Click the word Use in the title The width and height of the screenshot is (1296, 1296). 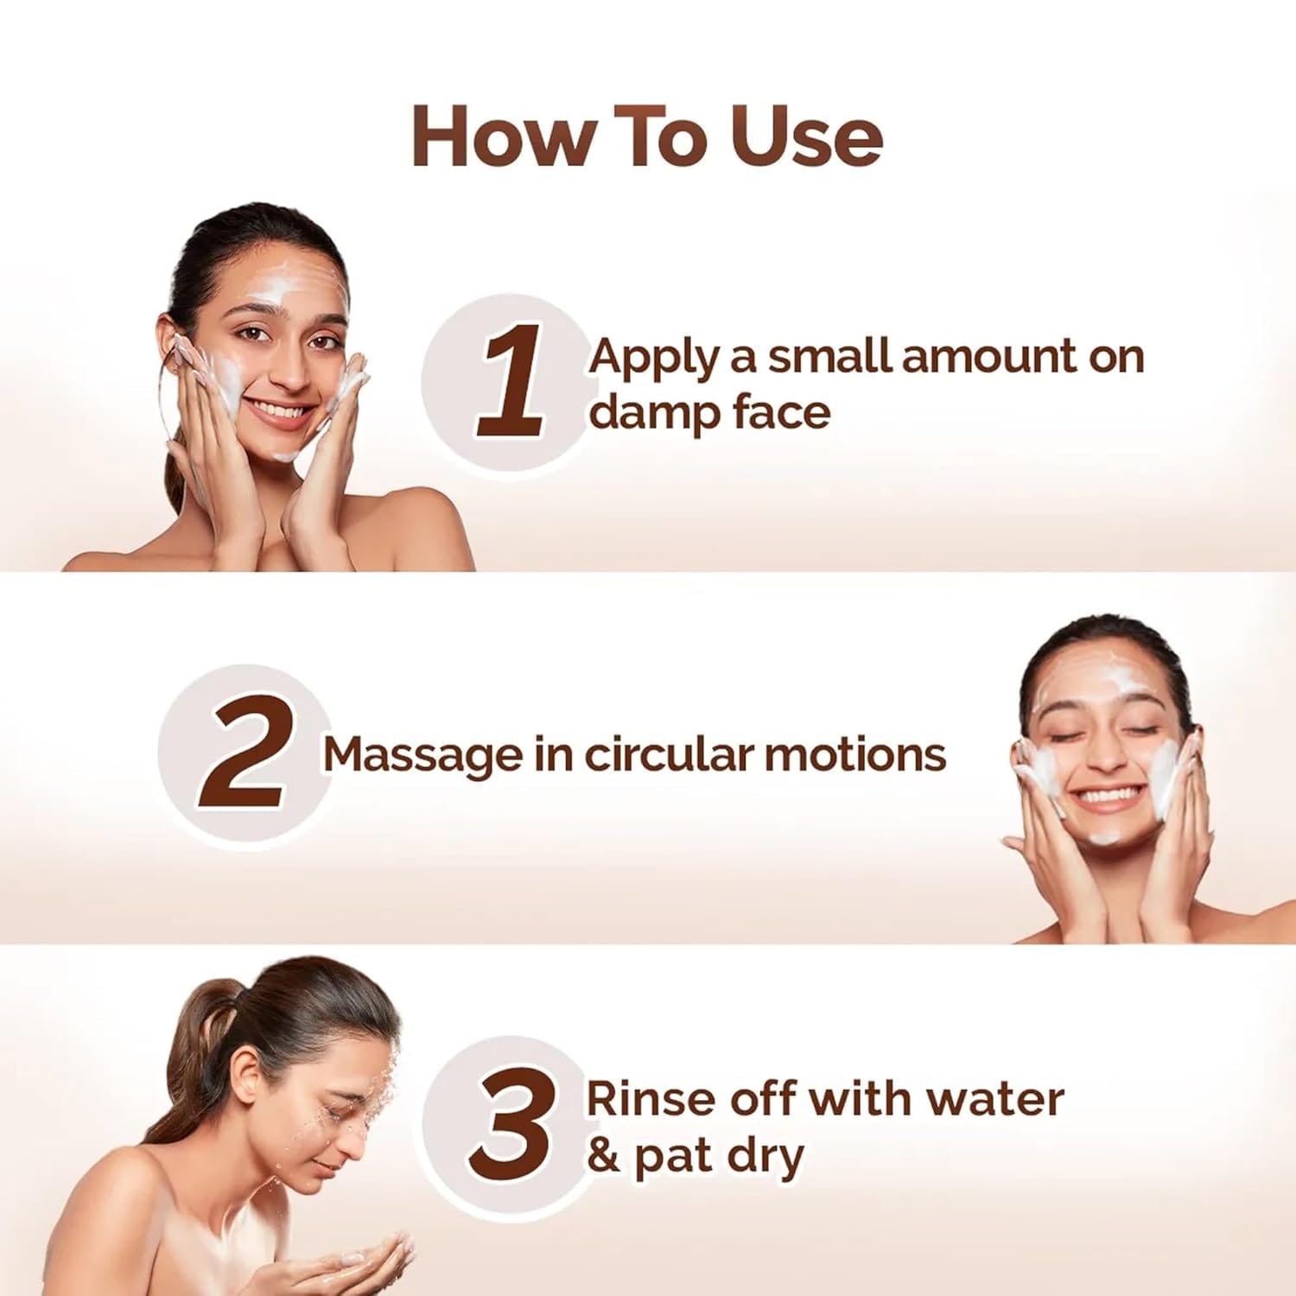coord(806,137)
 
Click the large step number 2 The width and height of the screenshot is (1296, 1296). coord(242,753)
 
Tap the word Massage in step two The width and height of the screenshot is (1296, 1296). coord(422,754)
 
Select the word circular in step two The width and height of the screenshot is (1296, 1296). coord(666,754)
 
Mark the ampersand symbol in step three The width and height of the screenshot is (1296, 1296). coord(603,1156)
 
